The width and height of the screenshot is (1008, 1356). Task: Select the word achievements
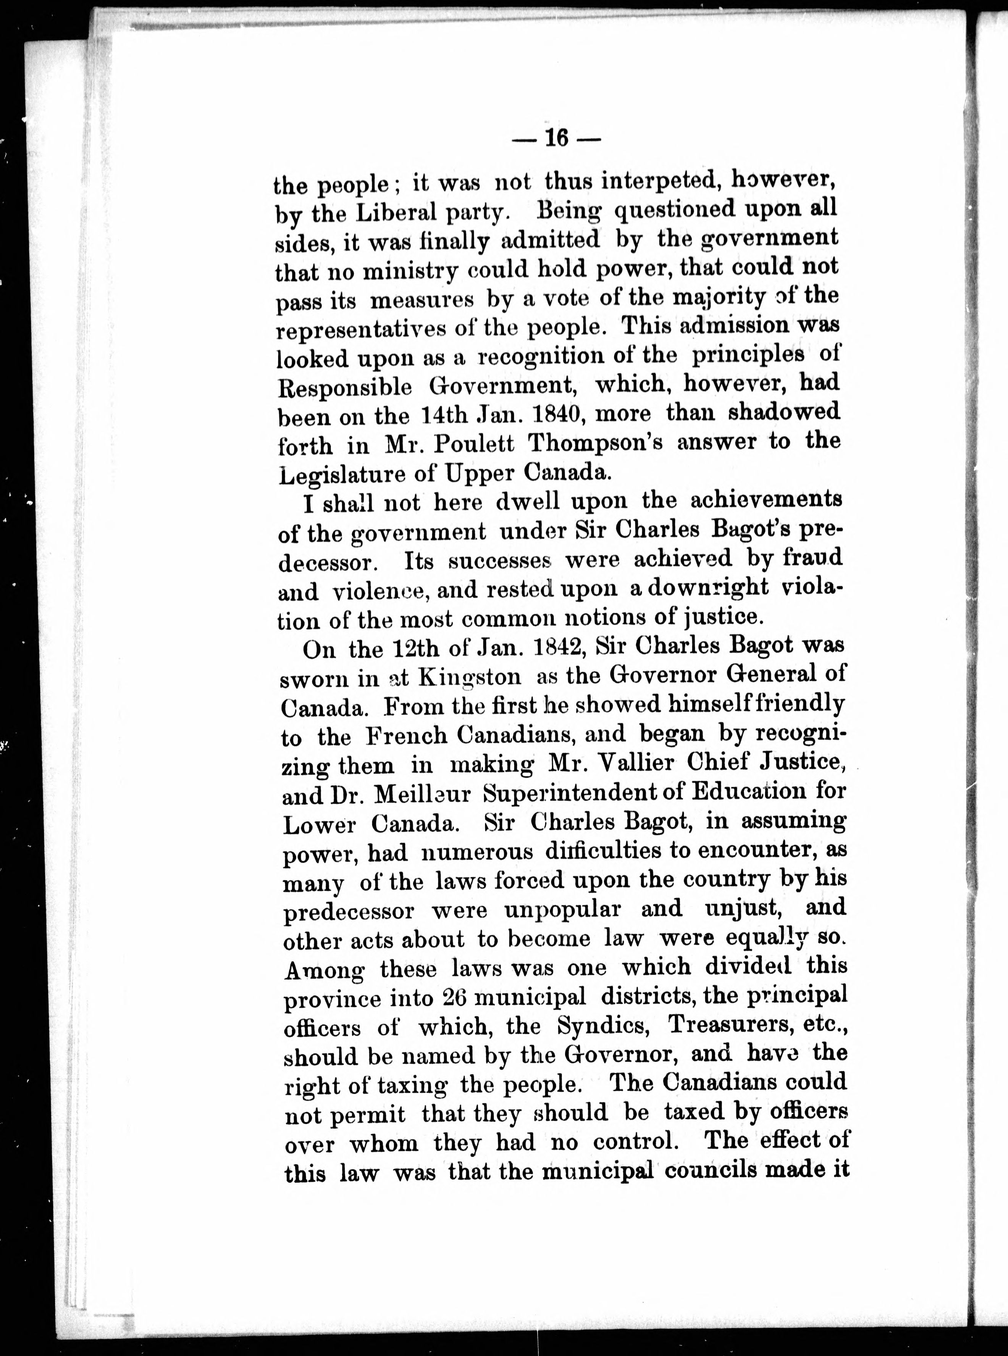pos(766,500)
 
